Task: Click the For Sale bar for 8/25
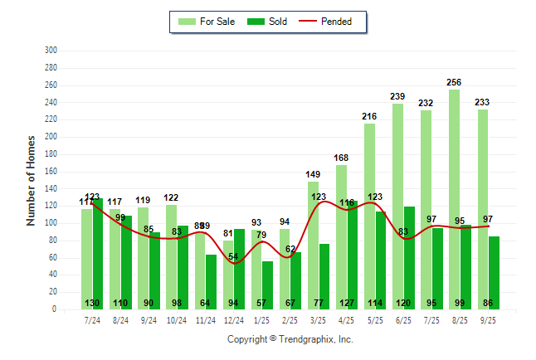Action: coord(454,199)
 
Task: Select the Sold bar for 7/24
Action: coord(99,253)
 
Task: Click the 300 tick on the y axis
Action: coord(51,51)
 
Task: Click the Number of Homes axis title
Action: coord(31,180)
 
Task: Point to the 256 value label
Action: coord(454,82)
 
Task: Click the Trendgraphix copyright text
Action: coord(290,339)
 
